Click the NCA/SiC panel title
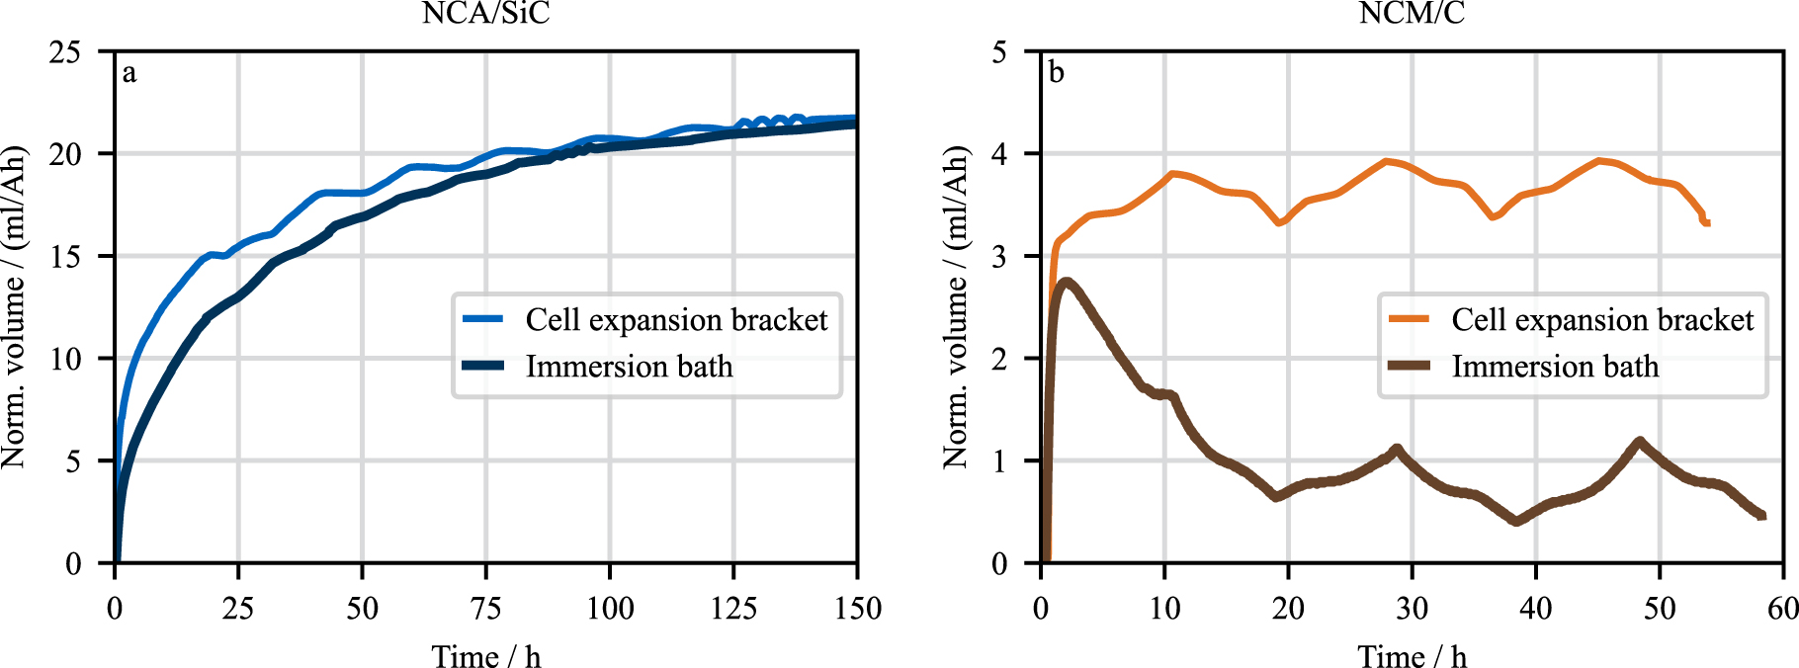[485, 13]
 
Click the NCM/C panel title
[1412, 13]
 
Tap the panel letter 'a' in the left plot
[129, 73]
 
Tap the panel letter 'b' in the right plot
[1056, 73]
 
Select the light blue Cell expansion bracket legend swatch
[483, 319]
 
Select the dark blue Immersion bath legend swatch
[483, 367]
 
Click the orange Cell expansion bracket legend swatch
[1410, 319]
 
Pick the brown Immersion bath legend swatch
[1410, 367]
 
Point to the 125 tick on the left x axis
[733, 608]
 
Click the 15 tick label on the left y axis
[65, 256]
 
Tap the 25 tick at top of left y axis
[65, 51]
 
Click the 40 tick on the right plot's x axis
[1536, 608]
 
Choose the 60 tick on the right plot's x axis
[1782, 608]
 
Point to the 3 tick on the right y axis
[999, 256]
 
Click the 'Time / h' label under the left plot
[485, 656]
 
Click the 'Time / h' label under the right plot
[1412, 656]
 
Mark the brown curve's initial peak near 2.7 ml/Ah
[1066, 283]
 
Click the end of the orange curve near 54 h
[1706, 222]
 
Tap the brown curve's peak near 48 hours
[1639, 442]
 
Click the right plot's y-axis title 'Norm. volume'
[955, 306]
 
